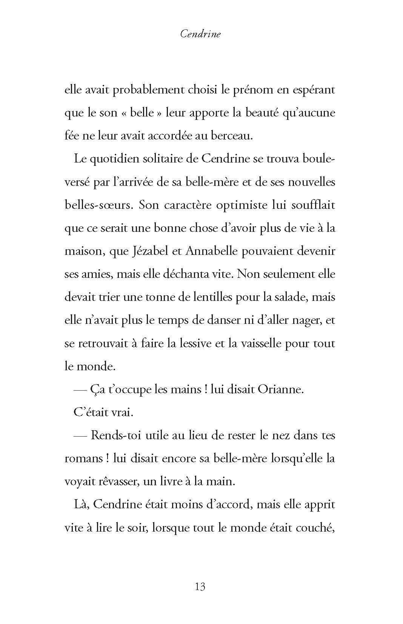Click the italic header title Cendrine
pyautogui.click(x=200, y=34)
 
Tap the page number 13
pyautogui.click(x=200, y=587)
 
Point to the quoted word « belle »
pyautogui.click(x=142, y=113)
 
